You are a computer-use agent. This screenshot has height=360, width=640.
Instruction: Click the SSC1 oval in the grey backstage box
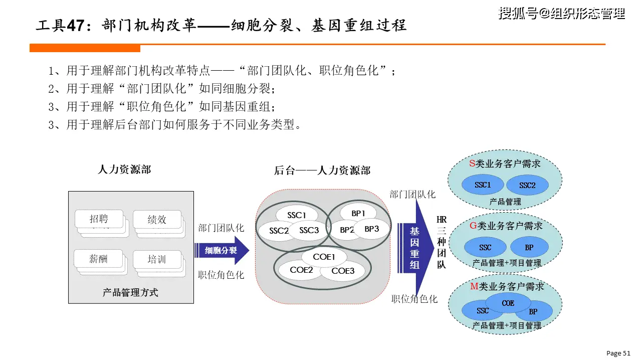pyautogui.click(x=297, y=215)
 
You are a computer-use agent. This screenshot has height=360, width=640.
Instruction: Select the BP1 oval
pyautogui.click(x=358, y=213)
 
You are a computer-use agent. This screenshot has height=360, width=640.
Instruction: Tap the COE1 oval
pyautogui.click(x=324, y=257)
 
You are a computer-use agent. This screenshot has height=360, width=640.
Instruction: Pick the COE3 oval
pyautogui.click(x=343, y=271)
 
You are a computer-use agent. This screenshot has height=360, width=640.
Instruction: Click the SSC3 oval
pyautogui.click(x=309, y=231)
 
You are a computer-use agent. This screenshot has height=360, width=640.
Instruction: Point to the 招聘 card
pyautogui.click(x=99, y=219)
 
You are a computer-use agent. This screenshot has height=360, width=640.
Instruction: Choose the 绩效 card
pyautogui.click(x=157, y=219)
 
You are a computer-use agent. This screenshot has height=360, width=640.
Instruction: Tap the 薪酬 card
pyautogui.click(x=99, y=259)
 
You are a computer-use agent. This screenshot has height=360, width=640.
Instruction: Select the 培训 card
pyautogui.click(x=157, y=259)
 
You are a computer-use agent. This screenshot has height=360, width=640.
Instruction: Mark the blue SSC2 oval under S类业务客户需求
pyautogui.click(x=527, y=186)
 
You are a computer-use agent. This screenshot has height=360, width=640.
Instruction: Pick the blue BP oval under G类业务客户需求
pyautogui.click(x=529, y=247)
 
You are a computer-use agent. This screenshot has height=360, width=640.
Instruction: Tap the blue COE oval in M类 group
pyautogui.click(x=508, y=303)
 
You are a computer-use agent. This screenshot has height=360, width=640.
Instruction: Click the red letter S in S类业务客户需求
pyautogui.click(x=472, y=163)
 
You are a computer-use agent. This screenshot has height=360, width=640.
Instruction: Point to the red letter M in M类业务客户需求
pyautogui.click(x=474, y=286)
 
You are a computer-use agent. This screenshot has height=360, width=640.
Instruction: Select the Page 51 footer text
pyautogui.click(x=618, y=353)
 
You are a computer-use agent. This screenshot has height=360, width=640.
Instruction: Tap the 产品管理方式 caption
pyautogui.click(x=130, y=292)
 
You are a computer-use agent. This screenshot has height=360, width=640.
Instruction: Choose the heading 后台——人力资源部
pyautogui.click(x=322, y=170)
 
